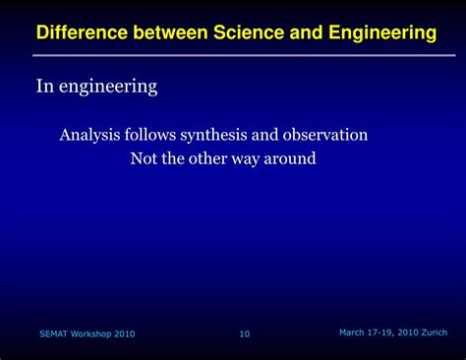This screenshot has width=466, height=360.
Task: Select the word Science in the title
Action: (249, 33)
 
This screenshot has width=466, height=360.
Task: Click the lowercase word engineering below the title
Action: (108, 88)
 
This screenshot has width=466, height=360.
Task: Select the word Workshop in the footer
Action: (94, 334)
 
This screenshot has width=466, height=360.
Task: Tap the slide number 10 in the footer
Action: (245, 334)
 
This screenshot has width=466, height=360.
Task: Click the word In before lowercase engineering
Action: (44, 88)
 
